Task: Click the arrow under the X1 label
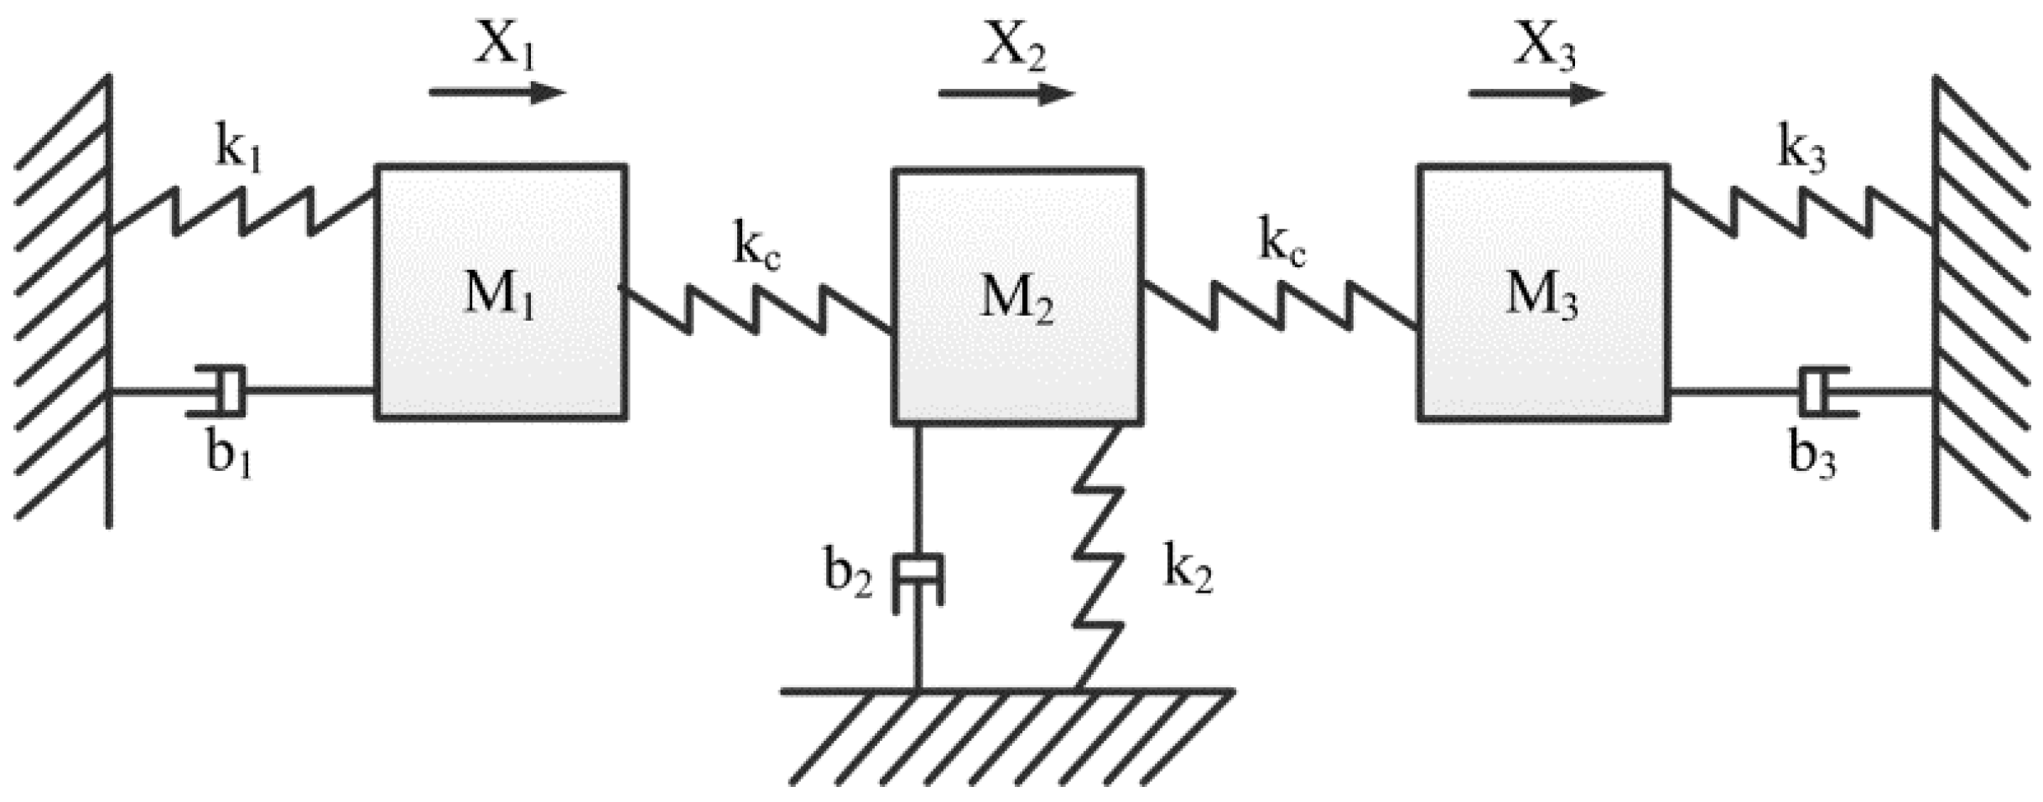coord(497,92)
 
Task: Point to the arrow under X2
coord(1006,93)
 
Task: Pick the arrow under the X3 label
coord(1536,93)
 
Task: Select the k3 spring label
coord(1801,152)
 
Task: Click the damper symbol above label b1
coord(220,391)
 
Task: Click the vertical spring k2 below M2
coord(1099,557)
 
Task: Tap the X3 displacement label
coord(1544,46)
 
